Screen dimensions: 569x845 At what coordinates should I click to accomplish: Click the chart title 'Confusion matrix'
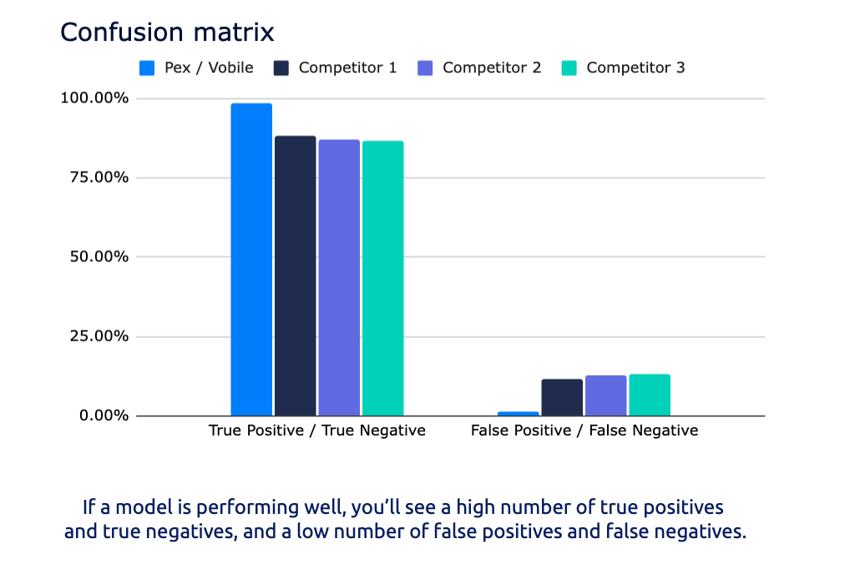pos(167,33)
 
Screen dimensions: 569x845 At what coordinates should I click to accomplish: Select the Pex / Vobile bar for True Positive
pos(251,259)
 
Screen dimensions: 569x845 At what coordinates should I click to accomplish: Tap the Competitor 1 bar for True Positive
pos(295,275)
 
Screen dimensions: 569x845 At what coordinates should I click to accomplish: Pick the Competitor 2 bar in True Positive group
pos(338,277)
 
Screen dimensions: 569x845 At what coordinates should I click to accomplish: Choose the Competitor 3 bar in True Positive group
pos(382,278)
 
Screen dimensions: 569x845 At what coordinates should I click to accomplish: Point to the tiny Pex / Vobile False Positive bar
pos(518,413)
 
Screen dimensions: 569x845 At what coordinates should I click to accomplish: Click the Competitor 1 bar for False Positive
pos(562,397)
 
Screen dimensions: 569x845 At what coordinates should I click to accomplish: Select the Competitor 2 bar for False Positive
pos(605,395)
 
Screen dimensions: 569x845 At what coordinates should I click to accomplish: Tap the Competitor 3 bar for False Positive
pos(650,395)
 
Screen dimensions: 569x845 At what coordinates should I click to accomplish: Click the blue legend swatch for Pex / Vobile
pos(147,68)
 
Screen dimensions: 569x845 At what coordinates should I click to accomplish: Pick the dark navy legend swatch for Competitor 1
pos(281,68)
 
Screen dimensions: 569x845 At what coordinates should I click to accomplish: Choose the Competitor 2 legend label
pos(492,68)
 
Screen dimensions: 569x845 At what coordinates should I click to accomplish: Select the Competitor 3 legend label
pos(635,68)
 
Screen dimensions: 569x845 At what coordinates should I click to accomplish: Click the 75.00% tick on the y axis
pos(99,178)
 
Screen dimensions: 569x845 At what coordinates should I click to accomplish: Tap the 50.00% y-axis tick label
pos(99,257)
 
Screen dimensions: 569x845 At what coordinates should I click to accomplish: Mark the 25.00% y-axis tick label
pos(99,337)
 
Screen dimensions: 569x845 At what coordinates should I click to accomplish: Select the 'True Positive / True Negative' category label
pos(317,431)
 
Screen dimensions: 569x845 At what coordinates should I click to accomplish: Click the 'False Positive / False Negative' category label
pos(584,431)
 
